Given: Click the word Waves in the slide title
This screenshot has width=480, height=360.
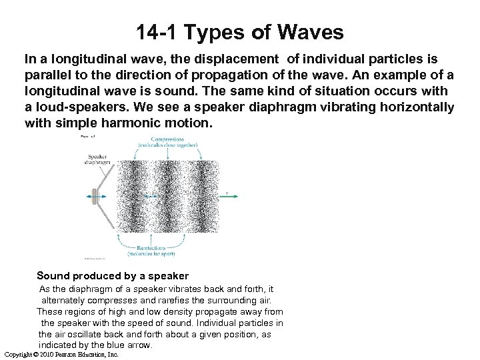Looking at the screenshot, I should pos(311,31).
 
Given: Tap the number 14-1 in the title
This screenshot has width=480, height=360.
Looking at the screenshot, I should pos(157,31).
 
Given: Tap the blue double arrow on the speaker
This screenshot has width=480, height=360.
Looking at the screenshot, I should pos(95,196).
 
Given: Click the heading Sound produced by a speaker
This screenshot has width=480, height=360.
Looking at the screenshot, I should pos(113,275).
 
